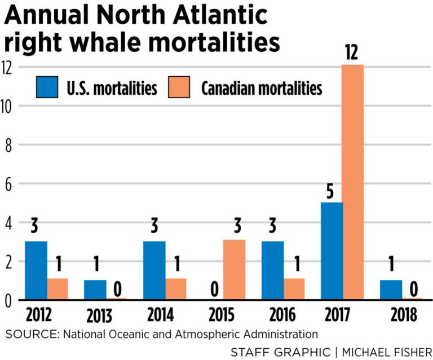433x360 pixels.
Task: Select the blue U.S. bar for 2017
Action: tap(332, 251)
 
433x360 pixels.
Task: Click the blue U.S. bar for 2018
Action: tap(391, 290)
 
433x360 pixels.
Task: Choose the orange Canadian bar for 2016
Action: tap(294, 289)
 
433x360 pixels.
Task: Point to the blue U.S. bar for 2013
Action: tap(95, 290)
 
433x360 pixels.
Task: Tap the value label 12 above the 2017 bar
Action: tap(353, 54)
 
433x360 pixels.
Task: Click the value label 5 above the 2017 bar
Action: tap(332, 192)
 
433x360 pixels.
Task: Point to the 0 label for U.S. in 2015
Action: tap(213, 290)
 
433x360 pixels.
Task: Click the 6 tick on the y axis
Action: tap(7, 184)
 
